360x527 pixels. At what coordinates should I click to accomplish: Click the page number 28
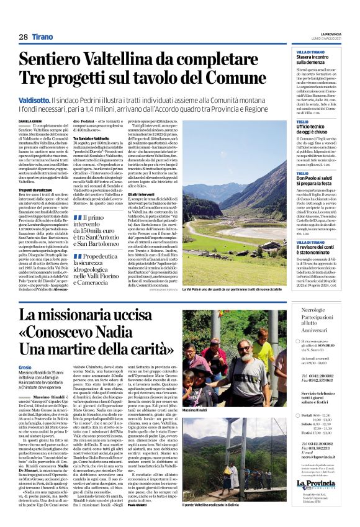pos(23,37)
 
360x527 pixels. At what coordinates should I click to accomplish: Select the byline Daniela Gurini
pos(32,103)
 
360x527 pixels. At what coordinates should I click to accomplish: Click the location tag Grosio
pos(26,367)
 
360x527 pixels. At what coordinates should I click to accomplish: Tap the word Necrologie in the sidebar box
pos(312,309)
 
